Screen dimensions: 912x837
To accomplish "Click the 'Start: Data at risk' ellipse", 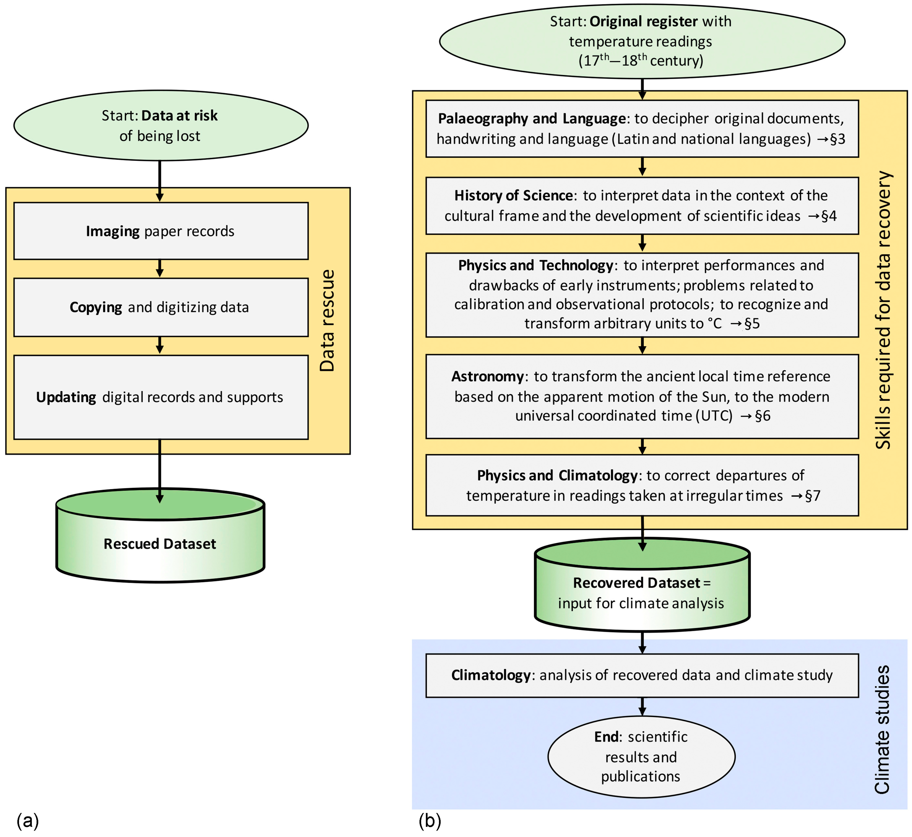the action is tap(161, 125).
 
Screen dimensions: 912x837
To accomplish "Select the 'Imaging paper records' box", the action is tap(161, 231).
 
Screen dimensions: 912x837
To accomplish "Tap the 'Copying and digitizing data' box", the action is tap(161, 307).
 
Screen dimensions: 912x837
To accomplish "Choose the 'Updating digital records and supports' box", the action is tap(161, 397).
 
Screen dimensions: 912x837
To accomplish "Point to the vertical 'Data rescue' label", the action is tap(327, 321).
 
